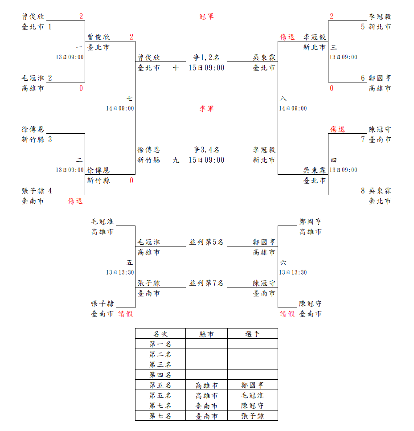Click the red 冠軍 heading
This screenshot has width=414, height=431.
point(206,16)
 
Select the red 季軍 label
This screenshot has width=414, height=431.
point(206,109)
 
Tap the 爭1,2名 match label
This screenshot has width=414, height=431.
point(206,57)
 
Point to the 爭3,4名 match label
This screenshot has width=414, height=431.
point(206,150)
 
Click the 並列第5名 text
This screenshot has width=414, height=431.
point(206,242)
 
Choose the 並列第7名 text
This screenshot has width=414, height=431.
point(206,283)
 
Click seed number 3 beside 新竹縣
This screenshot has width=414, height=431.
point(50,140)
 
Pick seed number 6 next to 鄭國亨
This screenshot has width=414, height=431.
point(363,78)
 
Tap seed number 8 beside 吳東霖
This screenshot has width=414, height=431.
point(363,191)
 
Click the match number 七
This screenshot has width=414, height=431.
point(129,99)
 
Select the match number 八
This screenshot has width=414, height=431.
point(283,99)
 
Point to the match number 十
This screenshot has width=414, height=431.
point(176,68)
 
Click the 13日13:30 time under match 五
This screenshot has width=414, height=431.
point(120,272)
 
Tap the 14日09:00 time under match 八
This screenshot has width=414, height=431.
point(293,108)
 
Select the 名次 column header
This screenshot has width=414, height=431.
point(160,334)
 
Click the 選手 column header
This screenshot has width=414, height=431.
point(252,334)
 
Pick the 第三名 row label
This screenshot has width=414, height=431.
point(160,365)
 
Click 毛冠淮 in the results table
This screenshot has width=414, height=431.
point(252,395)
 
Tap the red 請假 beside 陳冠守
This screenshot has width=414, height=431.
point(287,314)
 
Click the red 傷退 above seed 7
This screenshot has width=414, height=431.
point(337,129)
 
